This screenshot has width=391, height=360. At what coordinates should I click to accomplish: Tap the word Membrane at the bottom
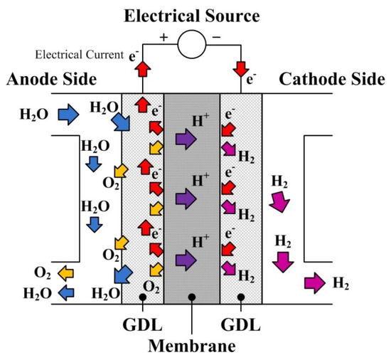pos(193,346)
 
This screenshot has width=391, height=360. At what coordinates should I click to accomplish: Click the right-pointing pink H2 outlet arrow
pos(314,284)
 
